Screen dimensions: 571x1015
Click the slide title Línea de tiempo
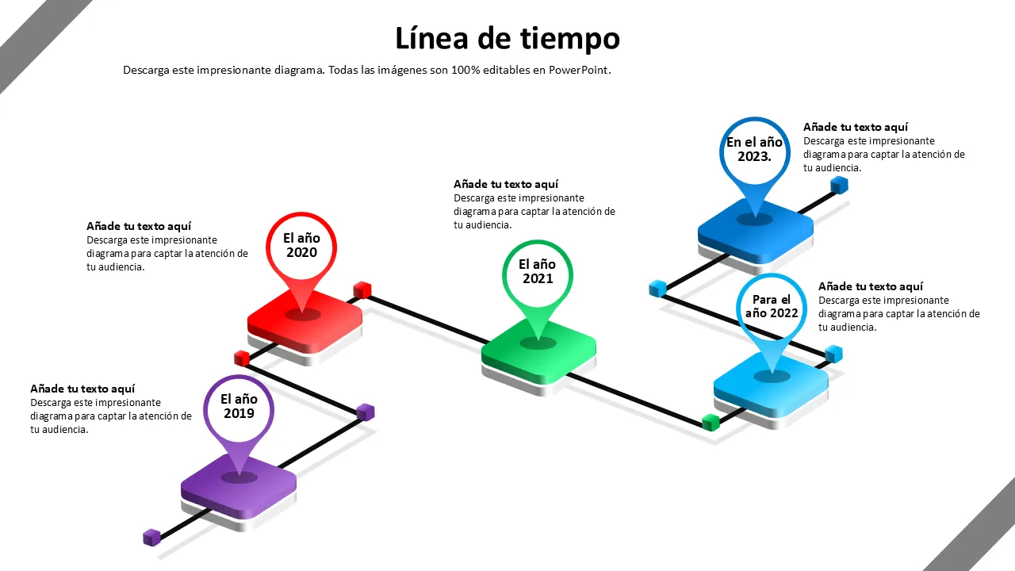[x=507, y=38]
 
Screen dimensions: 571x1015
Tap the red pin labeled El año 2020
[x=301, y=246]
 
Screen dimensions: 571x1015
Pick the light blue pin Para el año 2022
[x=771, y=307]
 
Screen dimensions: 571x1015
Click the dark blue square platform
[x=756, y=230]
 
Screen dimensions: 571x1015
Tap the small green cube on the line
[x=710, y=422]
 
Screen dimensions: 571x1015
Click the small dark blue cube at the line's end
[x=839, y=186]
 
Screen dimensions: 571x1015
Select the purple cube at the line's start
[x=151, y=538]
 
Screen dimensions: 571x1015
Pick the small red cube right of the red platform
[x=362, y=289]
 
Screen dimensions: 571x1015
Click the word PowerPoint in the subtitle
[x=578, y=70]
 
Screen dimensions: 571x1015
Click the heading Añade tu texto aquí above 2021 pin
[x=506, y=184]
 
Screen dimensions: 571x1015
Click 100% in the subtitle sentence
[x=465, y=70]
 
